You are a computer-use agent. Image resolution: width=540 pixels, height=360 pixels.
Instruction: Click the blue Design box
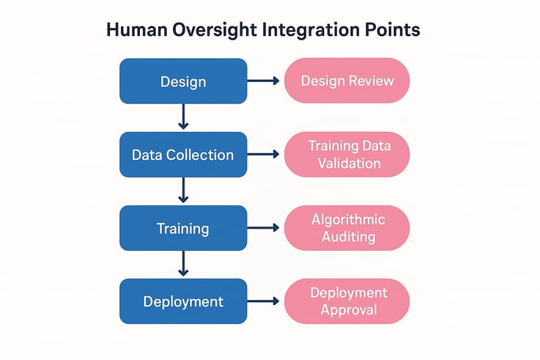pyautogui.click(x=183, y=81)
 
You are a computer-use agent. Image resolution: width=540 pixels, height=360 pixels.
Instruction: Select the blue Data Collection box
pyautogui.click(x=183, y=155)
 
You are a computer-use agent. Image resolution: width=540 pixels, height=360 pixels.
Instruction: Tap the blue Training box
pyautogui.click(x=183, y=228)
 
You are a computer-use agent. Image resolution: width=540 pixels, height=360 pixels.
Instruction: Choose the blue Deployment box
pyautogui.click(x=183, y=301)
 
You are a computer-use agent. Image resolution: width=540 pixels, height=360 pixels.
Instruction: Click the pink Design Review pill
pyautogui.click(x=347, y=81)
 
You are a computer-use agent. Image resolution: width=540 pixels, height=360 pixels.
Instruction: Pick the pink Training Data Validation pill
pyautogui.click(x=347, y=154)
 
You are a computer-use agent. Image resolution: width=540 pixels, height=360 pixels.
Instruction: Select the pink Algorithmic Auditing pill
pyautogui.click(x=347, y=227)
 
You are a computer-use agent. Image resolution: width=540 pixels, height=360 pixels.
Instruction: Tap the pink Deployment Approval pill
pyautogui.click(x=347, y=301)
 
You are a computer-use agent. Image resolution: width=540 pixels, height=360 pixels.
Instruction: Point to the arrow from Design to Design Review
pyautogui.click(x=265, y=81)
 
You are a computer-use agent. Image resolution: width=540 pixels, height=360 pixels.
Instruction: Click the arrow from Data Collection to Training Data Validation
pyautogui.click(x=265, y=154)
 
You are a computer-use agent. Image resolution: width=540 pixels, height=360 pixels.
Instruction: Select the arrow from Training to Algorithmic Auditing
pyautogui.click(x=265, y=228)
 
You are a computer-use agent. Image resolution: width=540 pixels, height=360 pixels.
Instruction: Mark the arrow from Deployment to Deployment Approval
pyautogui.click(x=265, y=301)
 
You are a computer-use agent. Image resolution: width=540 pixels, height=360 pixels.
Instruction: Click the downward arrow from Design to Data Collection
pyautogui.click(x=183, y=117)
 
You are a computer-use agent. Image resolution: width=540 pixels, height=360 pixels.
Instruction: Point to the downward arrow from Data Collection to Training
pyautogui.click(x=183, y=191)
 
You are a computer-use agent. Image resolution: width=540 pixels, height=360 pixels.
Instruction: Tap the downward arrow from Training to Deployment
pyautogui.click(x=183, y=264)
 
